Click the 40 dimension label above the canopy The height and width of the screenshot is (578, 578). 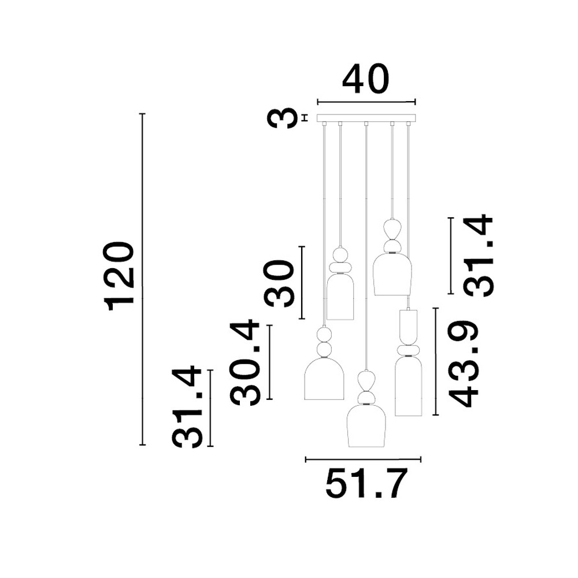(366, 79)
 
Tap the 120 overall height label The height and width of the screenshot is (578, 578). (119, 276)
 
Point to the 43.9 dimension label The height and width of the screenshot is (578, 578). (464, 364)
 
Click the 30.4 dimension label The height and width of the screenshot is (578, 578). (244, 363)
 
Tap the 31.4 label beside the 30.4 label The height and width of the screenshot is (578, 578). (187, 407)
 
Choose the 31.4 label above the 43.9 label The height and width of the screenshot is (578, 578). (478, 255)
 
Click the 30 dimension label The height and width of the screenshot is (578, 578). (279, 283)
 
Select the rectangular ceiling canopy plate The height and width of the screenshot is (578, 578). (366, 118)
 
